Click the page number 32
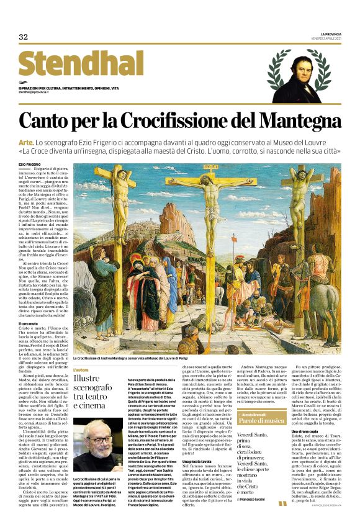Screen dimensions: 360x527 pyautogui.click(x=24, y=37)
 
